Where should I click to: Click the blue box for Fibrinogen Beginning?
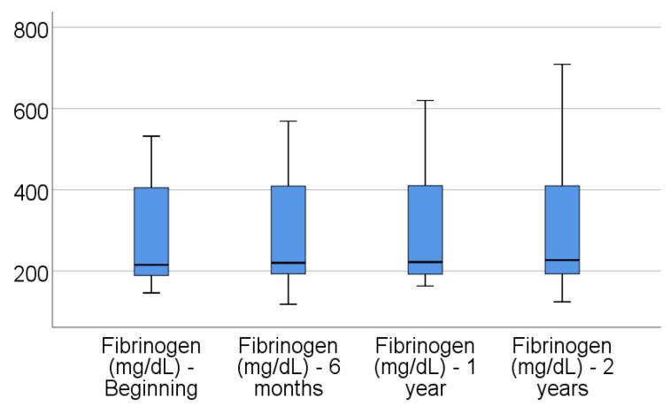coord(151,230)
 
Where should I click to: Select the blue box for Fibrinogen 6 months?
coord(289,230)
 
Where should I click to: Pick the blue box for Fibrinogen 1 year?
coord(425,230)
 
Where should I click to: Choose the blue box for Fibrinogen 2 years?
coord(562,230)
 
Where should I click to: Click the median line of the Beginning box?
coord(151,264)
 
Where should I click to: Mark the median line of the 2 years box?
coord(562,260)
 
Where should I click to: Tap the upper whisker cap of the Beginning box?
coord(151,136)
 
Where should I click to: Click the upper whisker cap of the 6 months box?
coord(289,121)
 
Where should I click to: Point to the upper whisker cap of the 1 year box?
coord(425,101)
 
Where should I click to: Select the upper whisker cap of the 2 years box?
coord(562,65)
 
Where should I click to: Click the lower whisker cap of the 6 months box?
coord(289,304)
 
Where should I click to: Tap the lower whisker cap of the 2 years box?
coord(562,302)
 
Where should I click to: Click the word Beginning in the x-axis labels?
coord(151,387)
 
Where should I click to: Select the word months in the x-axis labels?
coord(289,387)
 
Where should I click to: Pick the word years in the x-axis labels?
coord(562,387)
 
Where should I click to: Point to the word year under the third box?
coord(425,387)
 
